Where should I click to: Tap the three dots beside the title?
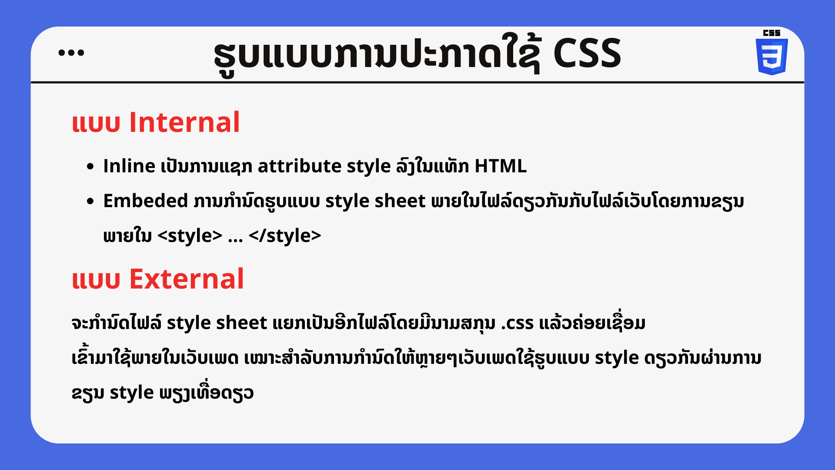(x=71, y=53)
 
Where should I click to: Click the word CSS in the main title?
(x=587, y=53)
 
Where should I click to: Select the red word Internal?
(x=184, y=122)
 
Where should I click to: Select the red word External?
(x=187, y=279)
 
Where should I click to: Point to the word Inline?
(x=129, y=166)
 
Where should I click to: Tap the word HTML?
(x=501, y=166)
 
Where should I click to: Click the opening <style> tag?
(x=190, y=235)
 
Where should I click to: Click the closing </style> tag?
(x=285, y=235)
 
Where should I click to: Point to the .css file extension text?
(x=517, y=323)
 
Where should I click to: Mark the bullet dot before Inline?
(x=90, y=166)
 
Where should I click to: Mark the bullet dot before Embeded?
(x=90, y=201)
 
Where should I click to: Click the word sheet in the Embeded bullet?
(x=400, y=201)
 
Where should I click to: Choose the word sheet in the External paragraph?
(x=242, y=322)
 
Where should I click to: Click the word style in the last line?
(x=132, y=393)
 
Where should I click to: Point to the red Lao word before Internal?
(x=96, y=123)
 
